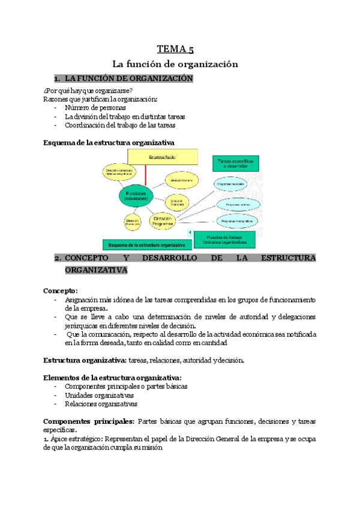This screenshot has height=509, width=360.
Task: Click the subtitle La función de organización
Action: [x=175, y=64]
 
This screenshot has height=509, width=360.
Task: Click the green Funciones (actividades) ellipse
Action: [x=136, y=196]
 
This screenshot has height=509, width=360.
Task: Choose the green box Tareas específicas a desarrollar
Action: [x=236, y=164]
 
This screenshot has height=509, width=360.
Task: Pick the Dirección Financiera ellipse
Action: [x=176, y=202]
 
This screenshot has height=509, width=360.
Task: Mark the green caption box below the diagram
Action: [x=147, y=244]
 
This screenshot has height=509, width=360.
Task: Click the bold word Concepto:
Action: [x=61, y=291]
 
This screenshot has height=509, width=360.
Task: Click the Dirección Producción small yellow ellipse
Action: [x=133, y=222]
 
